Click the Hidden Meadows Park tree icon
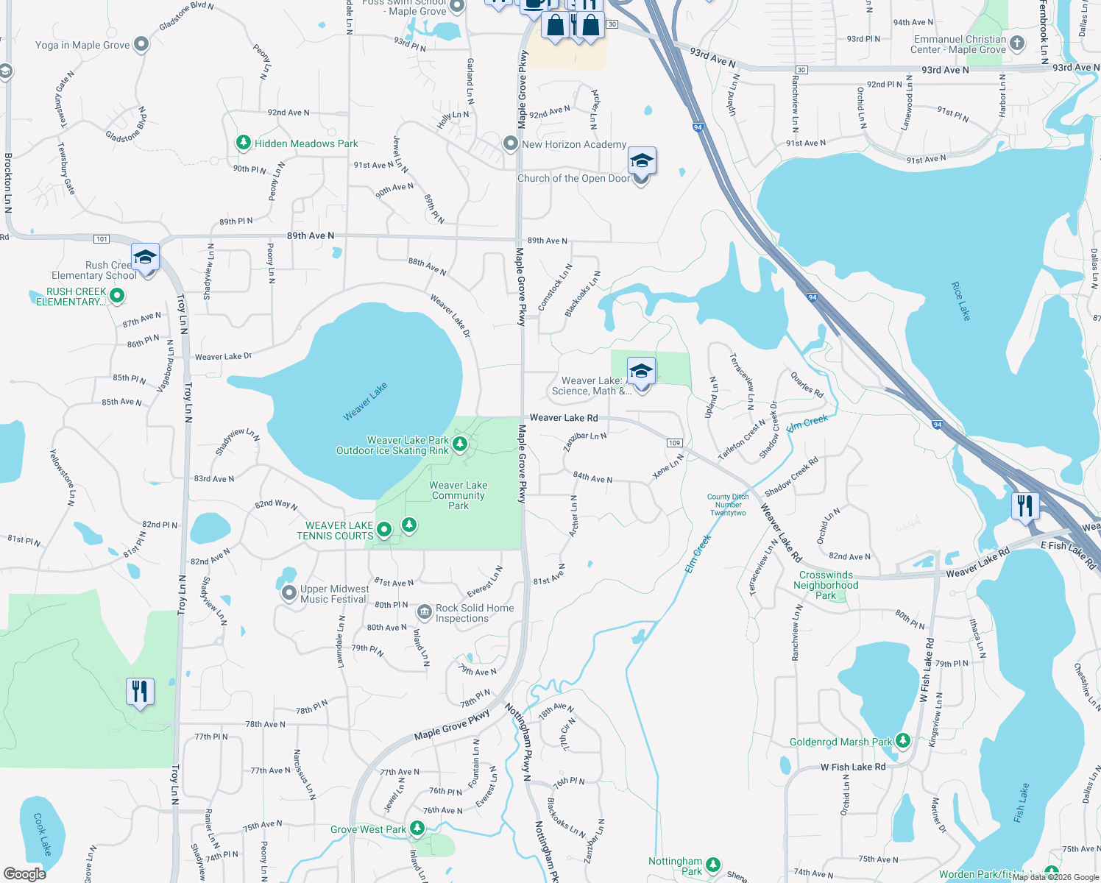244,143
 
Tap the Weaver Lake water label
365,402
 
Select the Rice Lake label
961,301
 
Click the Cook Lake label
43,834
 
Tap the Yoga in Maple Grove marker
141,45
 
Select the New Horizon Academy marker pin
511,143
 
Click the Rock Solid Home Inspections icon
425,612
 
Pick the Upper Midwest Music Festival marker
289,593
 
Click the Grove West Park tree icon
417,829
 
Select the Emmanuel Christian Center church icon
1017,43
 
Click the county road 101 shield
102,239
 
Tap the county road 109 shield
675,442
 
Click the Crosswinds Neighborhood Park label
826,585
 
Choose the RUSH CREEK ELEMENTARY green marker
116,296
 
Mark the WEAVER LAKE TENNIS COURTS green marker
384,530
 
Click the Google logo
25,873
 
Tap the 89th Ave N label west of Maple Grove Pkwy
310,235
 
